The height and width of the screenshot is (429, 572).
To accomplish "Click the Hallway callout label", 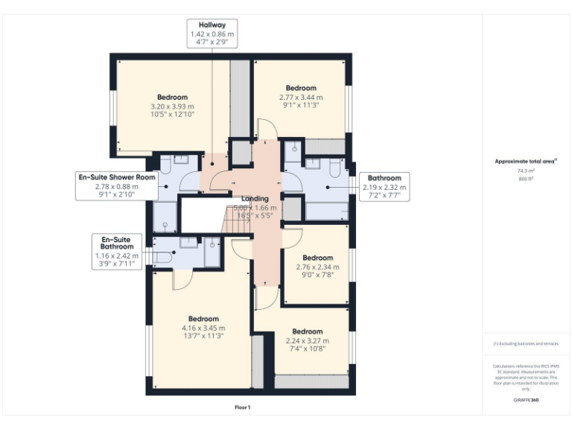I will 212,34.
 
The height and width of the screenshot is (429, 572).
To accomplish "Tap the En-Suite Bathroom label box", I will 117,251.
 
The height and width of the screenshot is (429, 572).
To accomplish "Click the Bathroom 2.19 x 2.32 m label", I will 384,187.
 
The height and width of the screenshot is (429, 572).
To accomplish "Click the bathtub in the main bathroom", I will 326,210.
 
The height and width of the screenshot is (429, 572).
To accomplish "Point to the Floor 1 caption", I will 242,407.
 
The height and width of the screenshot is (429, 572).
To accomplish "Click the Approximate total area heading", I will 527,161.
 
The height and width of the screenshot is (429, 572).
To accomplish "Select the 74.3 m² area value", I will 527,171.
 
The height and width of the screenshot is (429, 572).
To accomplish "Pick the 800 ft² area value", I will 527,179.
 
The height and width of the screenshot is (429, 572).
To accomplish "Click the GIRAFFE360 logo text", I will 526,401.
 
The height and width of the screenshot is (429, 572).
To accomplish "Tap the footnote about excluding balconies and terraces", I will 526,344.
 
